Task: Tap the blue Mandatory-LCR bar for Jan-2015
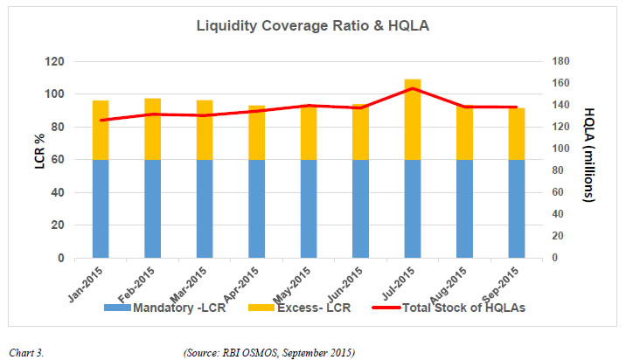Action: click(101, 209)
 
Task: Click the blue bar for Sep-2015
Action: click(516, 209)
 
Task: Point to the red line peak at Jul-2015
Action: click(413, 88)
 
